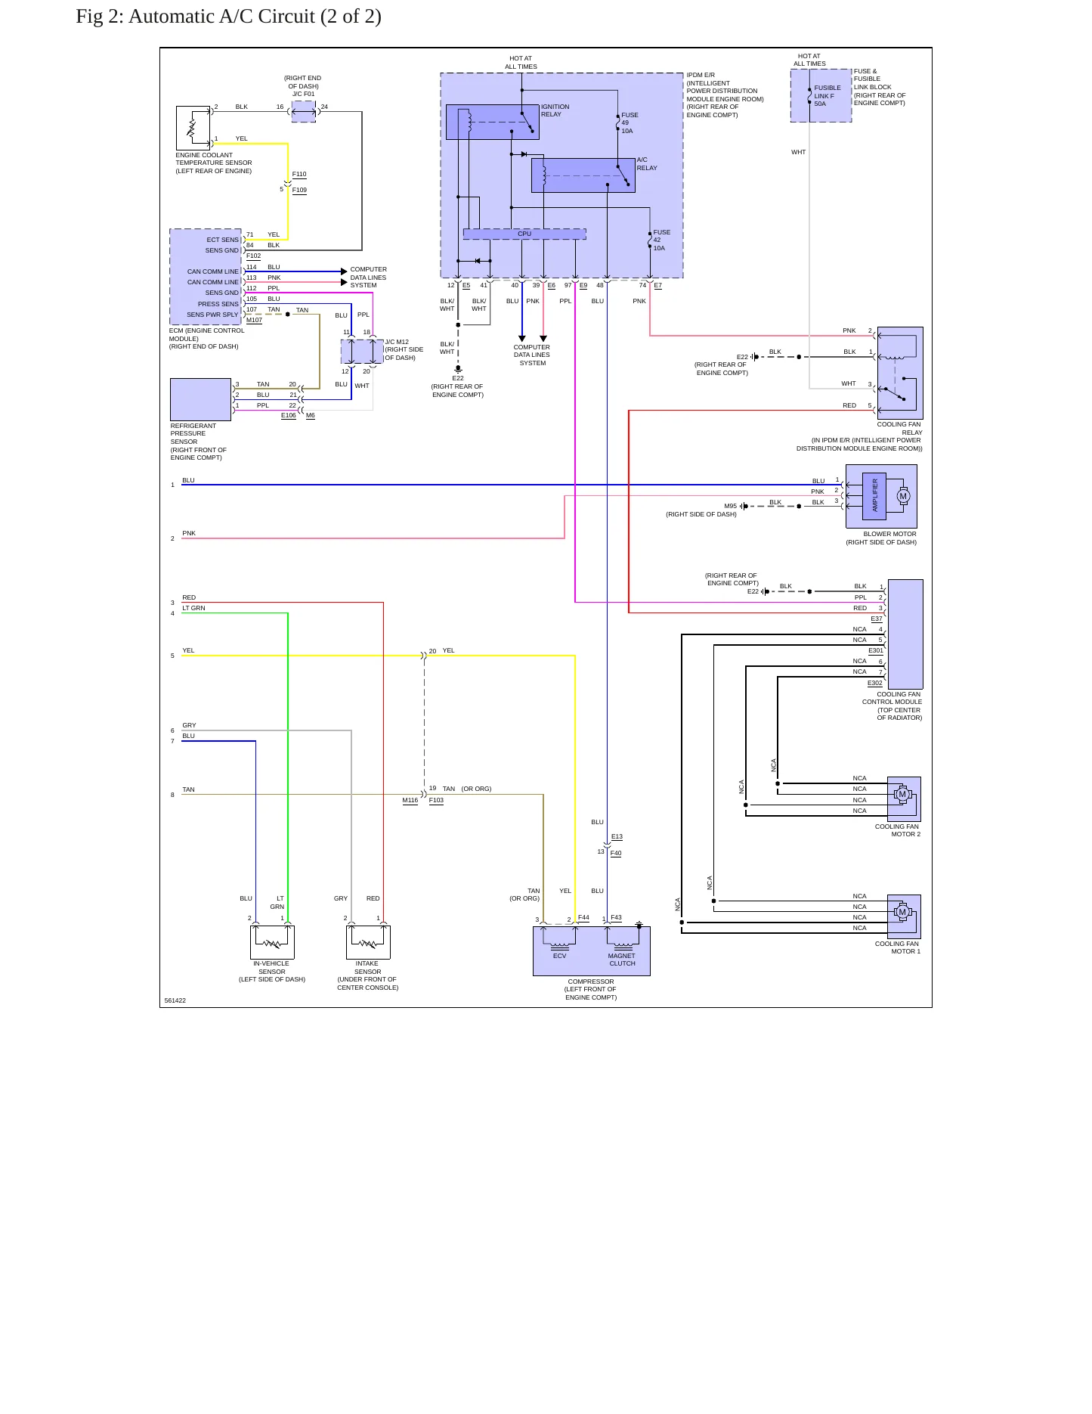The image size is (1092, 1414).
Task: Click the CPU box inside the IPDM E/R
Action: tap(524, 234)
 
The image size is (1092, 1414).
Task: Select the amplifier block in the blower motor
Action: tap(874, 496)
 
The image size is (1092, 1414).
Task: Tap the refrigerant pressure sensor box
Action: tap(200, 399)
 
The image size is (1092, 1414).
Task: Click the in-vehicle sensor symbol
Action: tap(272, 942)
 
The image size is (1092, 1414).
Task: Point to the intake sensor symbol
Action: tap(368, 942)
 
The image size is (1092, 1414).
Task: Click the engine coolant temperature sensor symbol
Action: tap(193, 128)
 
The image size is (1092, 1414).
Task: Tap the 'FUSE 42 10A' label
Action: tap(661, 240)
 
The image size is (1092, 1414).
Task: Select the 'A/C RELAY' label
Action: tap(647, 164)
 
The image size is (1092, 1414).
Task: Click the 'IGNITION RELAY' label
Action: tap(555, 110)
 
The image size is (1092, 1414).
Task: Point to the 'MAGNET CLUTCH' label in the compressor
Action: tap(622, 960)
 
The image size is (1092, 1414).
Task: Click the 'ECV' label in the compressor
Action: tap(559, 956)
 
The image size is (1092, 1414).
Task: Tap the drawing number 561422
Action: tap(175, 1000)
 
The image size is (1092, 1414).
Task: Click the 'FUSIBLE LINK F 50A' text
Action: tap(828, 96)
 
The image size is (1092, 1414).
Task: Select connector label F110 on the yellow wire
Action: tap(299, 175)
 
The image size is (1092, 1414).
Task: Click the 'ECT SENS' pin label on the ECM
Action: tap(222, 240)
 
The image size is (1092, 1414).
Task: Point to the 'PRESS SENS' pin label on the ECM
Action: tap(218, 304)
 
